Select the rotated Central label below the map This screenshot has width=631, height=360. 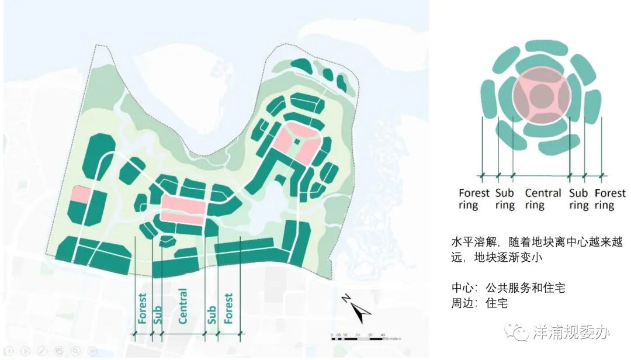182,306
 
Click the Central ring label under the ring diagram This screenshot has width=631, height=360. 542,199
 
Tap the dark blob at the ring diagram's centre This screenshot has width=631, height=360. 540,98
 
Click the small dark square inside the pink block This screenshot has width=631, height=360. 296,141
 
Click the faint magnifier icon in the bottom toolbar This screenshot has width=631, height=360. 74,351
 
